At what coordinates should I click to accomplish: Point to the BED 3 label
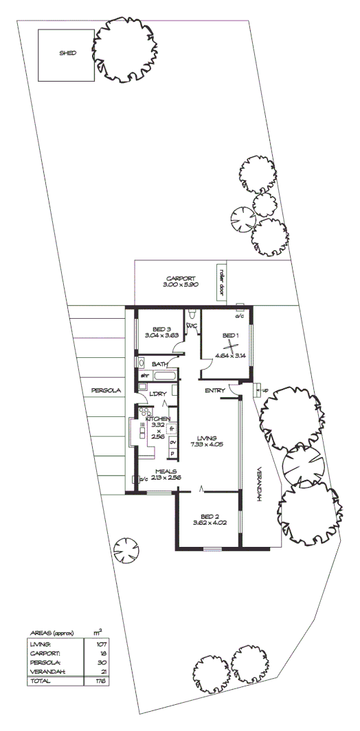coord(161,328)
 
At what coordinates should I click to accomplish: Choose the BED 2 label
coord(210,516)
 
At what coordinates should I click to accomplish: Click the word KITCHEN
coord(157,418)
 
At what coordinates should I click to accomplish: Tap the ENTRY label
coord(215,391)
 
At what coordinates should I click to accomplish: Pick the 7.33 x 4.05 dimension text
coord(207,445)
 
